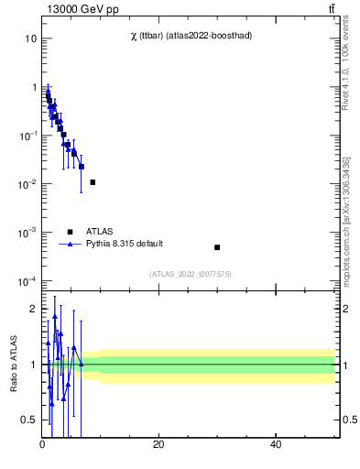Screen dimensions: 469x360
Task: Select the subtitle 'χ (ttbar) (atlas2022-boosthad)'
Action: (x=191, y=36)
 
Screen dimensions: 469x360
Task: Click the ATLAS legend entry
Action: (x=100, y=232)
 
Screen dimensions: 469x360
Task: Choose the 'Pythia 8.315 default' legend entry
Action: (x=125, y=245)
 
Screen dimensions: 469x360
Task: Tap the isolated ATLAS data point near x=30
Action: (x=217, y=247)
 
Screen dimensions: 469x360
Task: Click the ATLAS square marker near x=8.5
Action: (x=93, y=182)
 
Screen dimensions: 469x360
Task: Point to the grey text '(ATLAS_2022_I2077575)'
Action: (x=190, y=274)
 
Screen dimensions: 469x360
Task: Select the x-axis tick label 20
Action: (x=158, y=445)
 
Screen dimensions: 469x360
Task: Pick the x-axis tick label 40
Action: (x=276, y=445)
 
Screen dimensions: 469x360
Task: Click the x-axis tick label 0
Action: (x=42, y=445)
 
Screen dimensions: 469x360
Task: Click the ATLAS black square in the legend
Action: (x=70, y=232)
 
